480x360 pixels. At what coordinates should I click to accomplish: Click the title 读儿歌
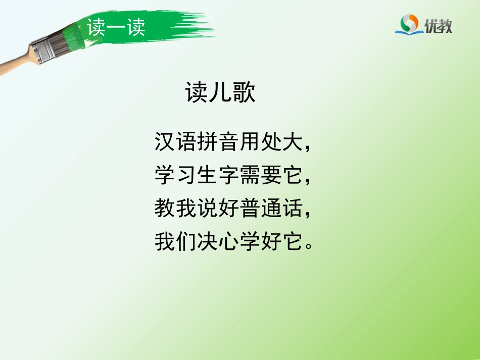click(x=221, y=93)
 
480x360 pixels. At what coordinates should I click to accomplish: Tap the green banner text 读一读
click(x=116, y=27)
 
